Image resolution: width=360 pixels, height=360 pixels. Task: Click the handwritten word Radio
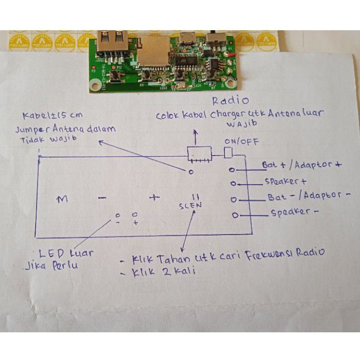(231, 101)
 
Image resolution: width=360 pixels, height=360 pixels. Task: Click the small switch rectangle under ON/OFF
(228, 153)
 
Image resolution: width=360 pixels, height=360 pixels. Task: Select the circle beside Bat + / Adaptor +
(232, 169)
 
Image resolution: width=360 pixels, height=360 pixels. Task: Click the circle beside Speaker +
(232, 184)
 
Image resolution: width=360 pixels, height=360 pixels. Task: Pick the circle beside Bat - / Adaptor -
(233, 200)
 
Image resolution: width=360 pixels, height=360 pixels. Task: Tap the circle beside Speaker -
(235, 215)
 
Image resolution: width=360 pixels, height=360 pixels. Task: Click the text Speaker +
(285, 181)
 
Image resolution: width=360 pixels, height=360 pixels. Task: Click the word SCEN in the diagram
(190, 205)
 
